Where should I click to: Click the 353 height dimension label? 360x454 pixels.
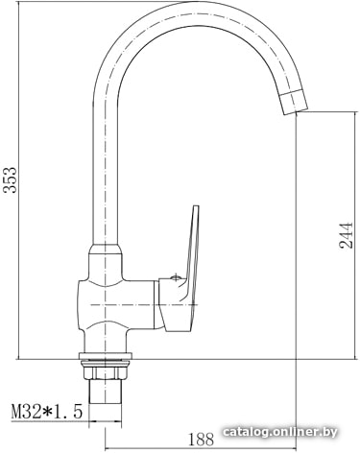(x=10, y=179)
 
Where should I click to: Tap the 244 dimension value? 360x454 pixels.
(x=346, y=235)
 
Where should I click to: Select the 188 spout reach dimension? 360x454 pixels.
(x=201, y=440)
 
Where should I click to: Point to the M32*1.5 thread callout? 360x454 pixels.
(x=47, y=411)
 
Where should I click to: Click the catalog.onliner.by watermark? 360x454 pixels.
(x=280, y=432)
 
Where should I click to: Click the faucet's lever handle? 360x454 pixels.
(x=188, y=269)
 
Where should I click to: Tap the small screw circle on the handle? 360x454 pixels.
(x=176, y=277)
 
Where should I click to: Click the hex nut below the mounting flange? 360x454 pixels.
(x=106, y=372)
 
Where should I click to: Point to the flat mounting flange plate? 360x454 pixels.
(x=106, y=356)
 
